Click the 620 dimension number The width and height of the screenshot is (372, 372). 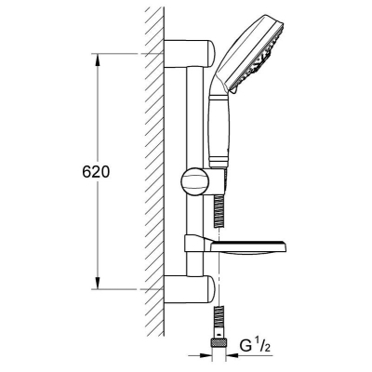[96, 172]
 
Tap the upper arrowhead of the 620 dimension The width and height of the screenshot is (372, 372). [98, 60]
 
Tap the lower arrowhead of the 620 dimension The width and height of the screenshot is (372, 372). [98, 284]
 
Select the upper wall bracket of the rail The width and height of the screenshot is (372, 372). [189, 54]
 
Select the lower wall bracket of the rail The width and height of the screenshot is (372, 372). [189, 289]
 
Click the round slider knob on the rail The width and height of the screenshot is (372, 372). [194, 182]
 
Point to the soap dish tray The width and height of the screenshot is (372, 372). [248, 246]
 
